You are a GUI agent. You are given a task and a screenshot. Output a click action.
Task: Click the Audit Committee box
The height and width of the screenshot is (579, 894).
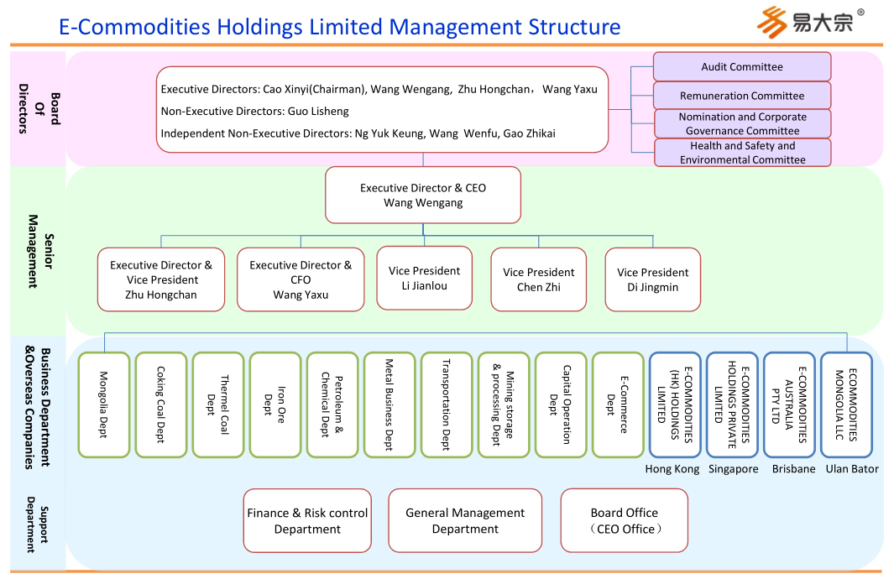pos(742,67)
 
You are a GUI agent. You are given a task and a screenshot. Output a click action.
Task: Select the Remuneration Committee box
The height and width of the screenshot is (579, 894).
pos(742,96)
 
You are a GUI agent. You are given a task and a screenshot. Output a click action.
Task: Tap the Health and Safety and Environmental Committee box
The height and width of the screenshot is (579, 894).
pos(742,153)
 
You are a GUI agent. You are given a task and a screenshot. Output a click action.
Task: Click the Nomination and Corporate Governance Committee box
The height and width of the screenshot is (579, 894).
pos(742,124)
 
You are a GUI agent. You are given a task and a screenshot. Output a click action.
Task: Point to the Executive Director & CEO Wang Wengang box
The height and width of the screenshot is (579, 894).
pos(423,196)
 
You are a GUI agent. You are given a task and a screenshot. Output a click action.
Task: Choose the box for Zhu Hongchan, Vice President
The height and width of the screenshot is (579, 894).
pos(161,279)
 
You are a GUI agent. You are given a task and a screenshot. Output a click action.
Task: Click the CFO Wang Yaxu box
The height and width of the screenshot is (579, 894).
pos(301,279)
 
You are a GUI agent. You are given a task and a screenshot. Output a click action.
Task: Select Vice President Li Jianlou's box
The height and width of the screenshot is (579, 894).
pos(425,278)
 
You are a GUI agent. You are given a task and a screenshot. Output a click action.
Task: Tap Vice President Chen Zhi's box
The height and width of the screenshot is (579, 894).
pos(539,279)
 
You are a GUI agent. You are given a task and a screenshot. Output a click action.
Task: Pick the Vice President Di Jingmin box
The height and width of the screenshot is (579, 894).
pos(652,279)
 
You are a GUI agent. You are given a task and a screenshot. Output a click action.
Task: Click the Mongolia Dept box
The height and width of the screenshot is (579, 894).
pos(104,404)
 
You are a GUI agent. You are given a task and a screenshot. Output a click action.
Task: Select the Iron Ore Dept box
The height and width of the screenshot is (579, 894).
pos(275,404)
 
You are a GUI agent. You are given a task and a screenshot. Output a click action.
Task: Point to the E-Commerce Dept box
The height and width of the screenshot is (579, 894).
pos(618,404)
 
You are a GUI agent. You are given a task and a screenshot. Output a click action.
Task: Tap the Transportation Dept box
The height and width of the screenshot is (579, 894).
pos(447,404)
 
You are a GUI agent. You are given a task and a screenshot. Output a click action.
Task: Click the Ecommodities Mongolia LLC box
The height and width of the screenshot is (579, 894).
pos(846,404)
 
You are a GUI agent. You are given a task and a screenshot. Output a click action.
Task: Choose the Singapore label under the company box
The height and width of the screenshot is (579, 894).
pos(733,469)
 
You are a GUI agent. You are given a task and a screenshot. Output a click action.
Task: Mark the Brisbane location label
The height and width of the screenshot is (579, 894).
pos(793,469)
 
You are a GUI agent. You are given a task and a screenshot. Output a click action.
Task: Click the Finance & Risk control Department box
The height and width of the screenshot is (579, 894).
pos(307,521)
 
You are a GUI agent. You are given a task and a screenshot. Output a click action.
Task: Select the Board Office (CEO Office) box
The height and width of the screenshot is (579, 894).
pos(625,521)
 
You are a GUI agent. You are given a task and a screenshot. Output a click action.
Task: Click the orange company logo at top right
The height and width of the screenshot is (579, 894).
pos(771,21)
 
